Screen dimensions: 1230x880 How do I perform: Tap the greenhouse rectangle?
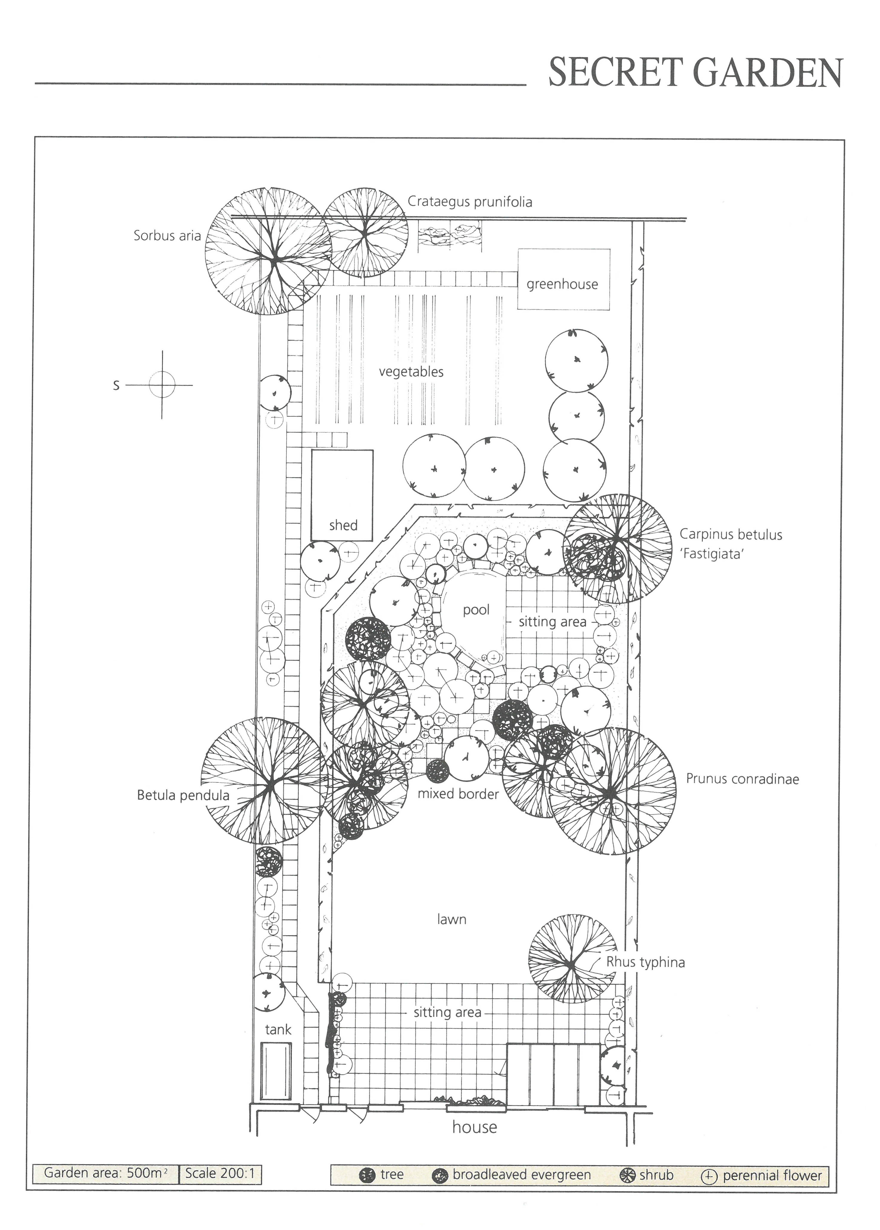tap(564, 279)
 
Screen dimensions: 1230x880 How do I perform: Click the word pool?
tap(476, 610)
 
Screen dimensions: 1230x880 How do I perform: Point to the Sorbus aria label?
tap(167, 236)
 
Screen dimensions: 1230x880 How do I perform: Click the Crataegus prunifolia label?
tap(470, 202)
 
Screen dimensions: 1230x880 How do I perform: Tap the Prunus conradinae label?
tap(742, 779)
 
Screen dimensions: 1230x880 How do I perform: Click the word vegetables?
tap(411, 371)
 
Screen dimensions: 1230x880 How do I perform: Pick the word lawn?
tap(451, 919)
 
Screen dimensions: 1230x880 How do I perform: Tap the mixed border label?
tap(458, 794)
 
